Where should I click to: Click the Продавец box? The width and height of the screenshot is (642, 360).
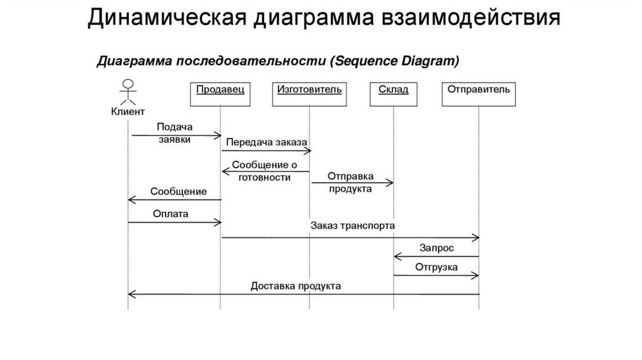[220, 94]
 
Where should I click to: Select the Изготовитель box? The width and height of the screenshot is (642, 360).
[309, 94]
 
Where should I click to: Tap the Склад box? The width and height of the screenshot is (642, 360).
[394, 94]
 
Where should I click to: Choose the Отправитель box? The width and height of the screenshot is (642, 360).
[478, 94]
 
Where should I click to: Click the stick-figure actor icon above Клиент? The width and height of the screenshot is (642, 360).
[128, 92]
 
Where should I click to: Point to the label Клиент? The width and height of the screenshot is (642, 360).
[128, 112]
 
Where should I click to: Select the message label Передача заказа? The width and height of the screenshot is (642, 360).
[266, 142]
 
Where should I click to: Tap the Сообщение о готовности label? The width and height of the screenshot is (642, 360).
[265, 171]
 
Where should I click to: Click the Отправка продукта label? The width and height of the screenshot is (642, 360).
[350, 183]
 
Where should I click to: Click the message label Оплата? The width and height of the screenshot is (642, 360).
[171, 214]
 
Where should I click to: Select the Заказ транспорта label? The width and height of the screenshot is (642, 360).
[352, 226]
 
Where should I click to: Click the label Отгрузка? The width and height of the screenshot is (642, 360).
[436, 267]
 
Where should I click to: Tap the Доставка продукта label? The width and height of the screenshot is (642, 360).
[296, 286]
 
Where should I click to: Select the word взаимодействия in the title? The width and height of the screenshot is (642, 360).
[471, 18]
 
